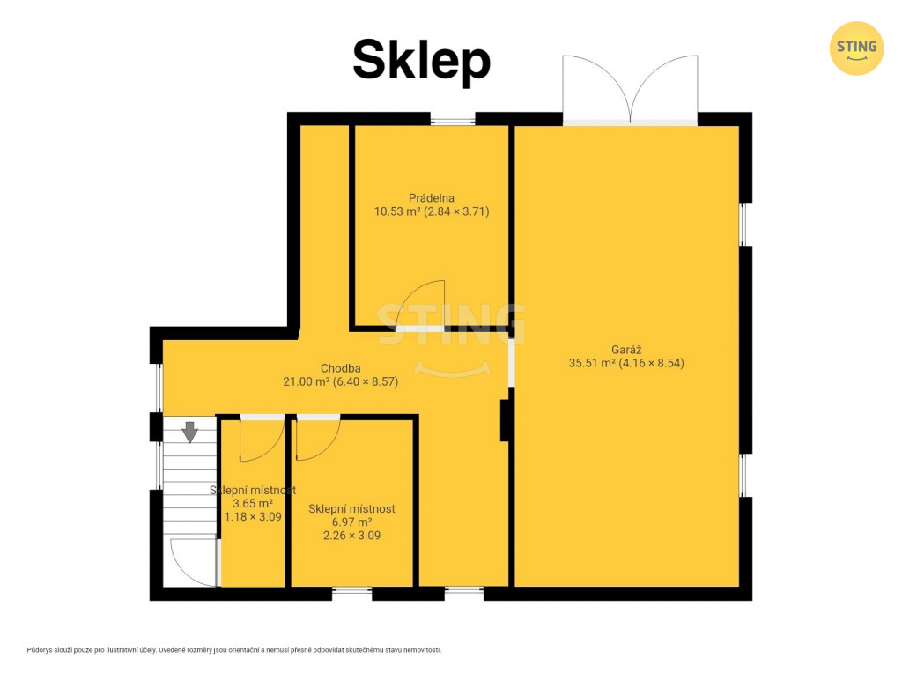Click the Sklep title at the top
(421, 61)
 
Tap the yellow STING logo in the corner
(856, 48)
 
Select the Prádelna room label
(432, 198)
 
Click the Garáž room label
(626, 349)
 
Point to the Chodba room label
(341, 368)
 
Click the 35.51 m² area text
(592, 363)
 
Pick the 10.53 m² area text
(397, 211)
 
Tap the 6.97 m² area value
(351, 522)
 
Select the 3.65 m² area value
(253, 503)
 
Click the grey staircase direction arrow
(190, 432)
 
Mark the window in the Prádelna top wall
(453, 120)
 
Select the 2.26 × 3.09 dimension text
(351, 536)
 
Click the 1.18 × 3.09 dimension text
(253, 516)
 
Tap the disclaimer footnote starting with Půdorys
(234, 650)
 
